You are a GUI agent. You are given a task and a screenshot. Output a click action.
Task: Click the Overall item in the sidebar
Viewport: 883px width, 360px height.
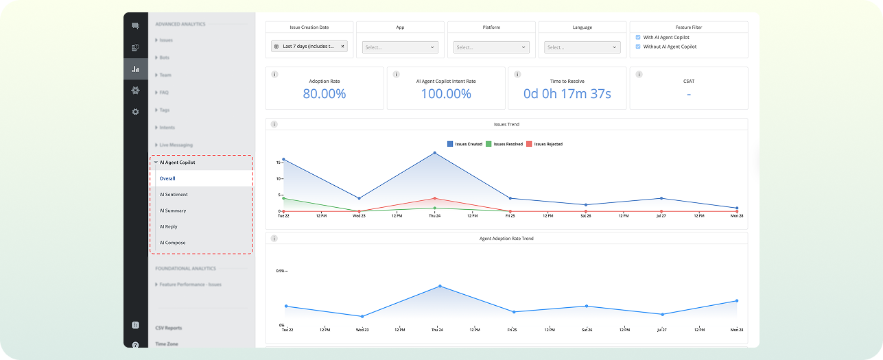tap(167, 178)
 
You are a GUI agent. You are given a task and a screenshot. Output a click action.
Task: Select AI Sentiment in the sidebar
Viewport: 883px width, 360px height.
tap(174, 195)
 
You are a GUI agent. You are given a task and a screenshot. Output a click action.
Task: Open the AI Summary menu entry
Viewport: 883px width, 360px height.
tap(173, 211)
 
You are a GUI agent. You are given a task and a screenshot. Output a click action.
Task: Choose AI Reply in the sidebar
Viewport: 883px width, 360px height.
tap(169, 226)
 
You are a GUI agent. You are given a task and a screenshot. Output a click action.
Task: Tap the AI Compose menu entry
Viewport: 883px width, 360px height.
tap(172, 243)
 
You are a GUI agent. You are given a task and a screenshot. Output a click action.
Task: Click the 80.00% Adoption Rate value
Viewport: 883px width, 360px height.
tap(325, 94)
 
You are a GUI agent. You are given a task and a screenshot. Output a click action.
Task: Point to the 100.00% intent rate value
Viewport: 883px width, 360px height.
tap(446, 94)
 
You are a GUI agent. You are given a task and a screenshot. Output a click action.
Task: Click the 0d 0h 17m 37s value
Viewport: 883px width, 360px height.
tap(567, 94)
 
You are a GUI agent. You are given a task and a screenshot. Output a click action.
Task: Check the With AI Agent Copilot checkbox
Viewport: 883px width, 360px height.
tap(638, 38)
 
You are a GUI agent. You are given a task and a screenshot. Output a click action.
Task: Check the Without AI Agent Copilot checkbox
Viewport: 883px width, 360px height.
tap(638, 47)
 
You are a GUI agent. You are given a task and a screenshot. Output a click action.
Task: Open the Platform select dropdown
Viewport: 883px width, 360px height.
tap(492, 47)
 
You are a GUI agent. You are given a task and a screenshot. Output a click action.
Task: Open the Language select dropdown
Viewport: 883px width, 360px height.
tap(582, 47)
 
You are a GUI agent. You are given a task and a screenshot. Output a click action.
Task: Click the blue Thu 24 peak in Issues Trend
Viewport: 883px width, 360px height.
tap(434, 153)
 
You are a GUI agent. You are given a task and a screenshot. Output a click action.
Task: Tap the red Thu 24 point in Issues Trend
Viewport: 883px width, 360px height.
tap(434, 198)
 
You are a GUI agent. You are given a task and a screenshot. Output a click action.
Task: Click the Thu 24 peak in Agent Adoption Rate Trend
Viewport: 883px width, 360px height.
tap(440, 286)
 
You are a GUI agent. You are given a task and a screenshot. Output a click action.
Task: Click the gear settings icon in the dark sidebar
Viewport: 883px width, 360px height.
tap(135, 112)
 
